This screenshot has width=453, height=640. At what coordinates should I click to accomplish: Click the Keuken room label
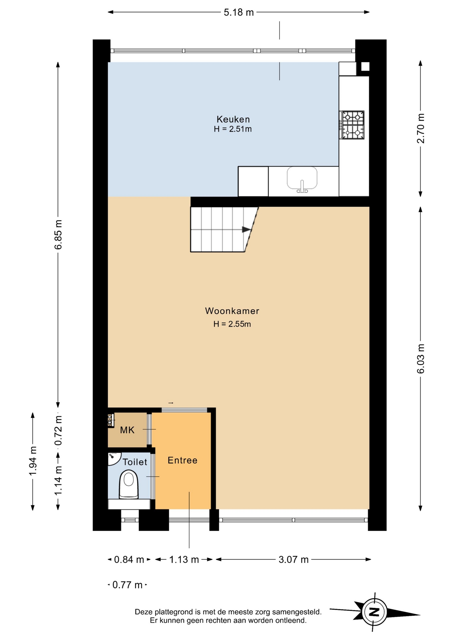(x=233, y=119)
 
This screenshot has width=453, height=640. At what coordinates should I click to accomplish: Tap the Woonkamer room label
(x=232, y=311)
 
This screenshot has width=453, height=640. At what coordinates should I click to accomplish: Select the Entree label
(x=182, y=460)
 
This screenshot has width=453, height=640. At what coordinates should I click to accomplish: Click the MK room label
(x=127, y=430)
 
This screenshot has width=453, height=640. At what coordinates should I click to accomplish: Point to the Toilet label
(x=135, y=462)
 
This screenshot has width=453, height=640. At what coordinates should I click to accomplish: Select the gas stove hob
(x=352, y=125)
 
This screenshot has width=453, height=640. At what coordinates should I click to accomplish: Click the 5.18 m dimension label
(x=239, y=12)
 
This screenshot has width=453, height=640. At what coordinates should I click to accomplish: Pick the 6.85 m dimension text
(x=58, y=234)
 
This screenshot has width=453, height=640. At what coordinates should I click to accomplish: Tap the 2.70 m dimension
(x=421, y=128)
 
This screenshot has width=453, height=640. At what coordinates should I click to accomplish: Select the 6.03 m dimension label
(x=421, y=359)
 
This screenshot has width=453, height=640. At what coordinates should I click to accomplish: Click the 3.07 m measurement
(x=294, y=559)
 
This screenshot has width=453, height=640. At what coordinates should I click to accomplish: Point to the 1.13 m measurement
(x=184, y=559)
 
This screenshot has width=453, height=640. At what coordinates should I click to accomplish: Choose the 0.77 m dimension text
(x=127, y=585)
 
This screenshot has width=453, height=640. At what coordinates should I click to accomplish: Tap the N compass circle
(x=375, y=612)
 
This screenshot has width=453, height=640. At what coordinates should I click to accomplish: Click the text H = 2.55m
(x=232, y=324)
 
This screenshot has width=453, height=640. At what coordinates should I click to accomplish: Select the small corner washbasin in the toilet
(x=114, y=458)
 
